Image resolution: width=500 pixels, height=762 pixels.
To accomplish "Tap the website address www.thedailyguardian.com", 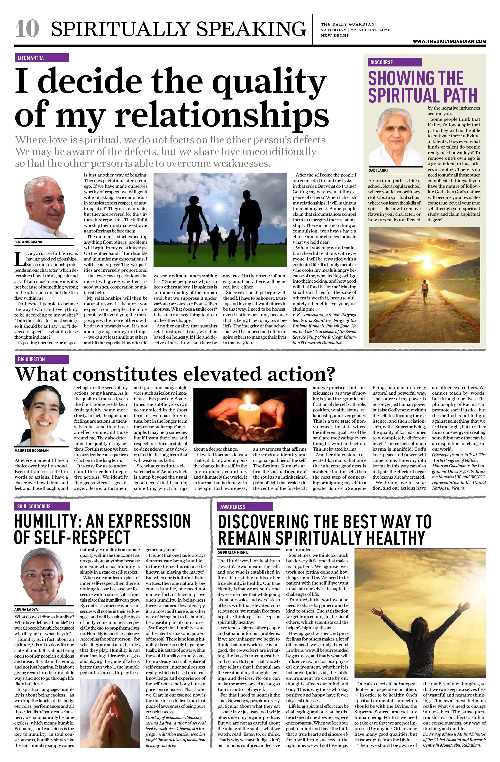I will tap(449, 41).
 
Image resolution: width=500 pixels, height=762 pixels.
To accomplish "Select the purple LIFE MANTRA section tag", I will tap(42, 58).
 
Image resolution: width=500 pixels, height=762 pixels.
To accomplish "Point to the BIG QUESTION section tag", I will tap(42, 359).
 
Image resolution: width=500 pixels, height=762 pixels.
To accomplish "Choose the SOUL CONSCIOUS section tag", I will tap(42, 506).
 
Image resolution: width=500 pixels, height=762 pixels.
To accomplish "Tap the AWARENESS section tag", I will tap(245, 507).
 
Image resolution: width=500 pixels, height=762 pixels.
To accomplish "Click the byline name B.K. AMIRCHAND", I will tap(28, 242).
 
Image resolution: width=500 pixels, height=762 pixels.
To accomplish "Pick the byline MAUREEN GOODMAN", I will tap(31, 450).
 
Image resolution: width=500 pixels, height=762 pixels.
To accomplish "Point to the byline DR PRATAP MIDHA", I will tap(233, 553).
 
